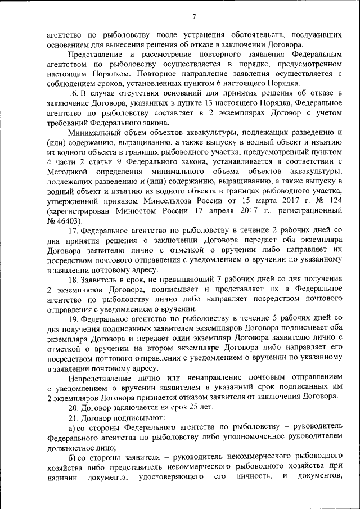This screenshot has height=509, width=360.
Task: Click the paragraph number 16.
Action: [x=73, y=92]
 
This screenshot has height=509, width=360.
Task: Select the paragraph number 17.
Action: [x=73, y=231]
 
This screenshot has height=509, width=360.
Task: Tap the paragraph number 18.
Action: [x=73, y=280]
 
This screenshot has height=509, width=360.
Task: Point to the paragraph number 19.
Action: [x=73, y=318]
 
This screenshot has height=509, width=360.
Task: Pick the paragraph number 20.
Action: [x=73, y=406]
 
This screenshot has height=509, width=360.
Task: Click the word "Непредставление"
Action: [x=100, y=377]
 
